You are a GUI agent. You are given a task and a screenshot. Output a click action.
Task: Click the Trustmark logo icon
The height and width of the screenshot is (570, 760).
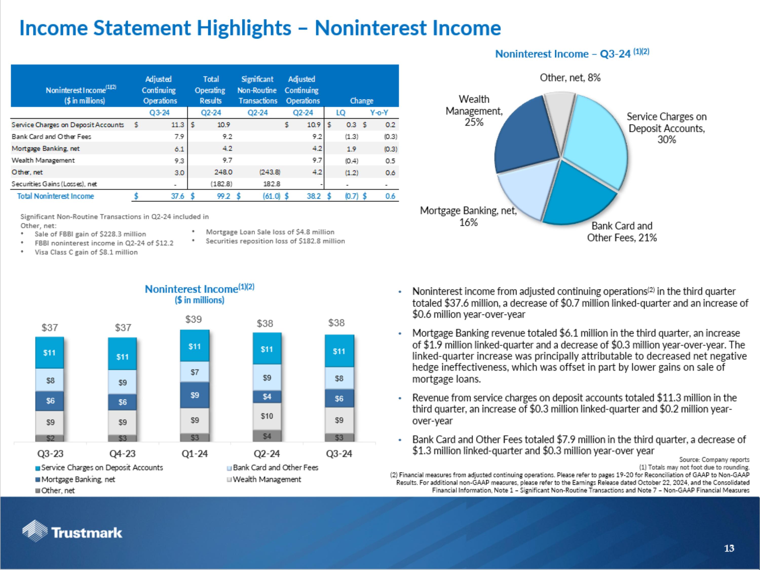35,531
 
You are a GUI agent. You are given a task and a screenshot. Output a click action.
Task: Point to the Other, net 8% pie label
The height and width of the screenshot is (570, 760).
570,78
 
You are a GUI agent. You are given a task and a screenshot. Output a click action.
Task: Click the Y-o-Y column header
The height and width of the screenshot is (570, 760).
379,113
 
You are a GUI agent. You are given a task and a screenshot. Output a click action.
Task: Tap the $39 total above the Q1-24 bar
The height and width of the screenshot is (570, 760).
194,319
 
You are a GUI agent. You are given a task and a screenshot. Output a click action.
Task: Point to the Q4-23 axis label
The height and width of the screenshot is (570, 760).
122,454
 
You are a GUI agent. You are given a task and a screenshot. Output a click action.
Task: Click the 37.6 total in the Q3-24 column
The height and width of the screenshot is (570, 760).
178,196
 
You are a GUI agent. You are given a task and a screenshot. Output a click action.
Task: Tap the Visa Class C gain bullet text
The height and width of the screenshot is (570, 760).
86,252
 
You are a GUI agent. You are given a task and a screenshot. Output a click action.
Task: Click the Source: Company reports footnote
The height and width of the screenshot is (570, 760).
714,460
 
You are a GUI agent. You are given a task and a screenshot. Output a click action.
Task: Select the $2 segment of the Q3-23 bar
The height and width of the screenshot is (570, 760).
50,438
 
